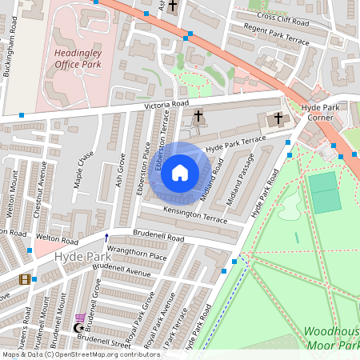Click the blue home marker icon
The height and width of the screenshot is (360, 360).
coord(180,173)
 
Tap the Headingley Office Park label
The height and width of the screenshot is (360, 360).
coord(78,58)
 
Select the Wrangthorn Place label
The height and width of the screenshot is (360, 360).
coord(137,256)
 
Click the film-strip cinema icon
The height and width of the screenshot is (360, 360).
coord(25,279)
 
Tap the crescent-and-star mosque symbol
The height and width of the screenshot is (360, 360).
coord(78,327)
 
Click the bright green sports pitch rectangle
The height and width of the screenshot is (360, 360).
coord(324,192)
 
